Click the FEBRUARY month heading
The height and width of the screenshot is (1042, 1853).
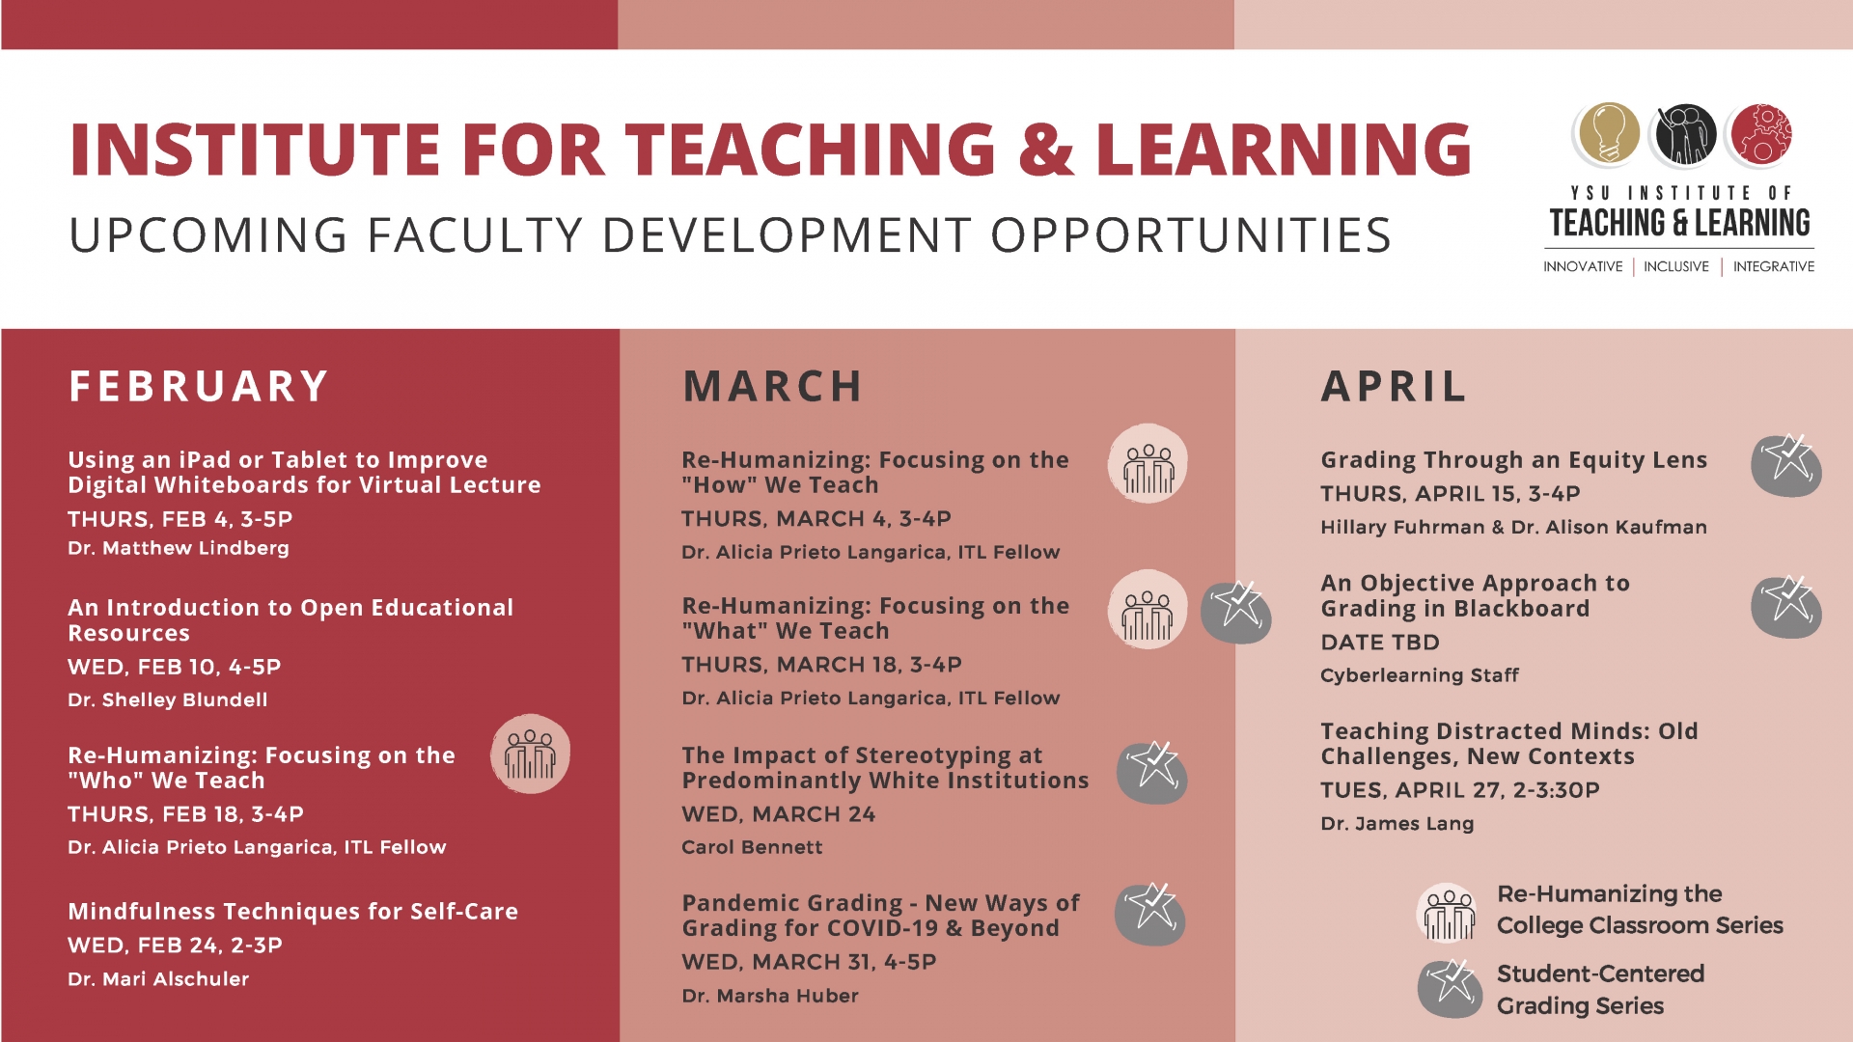click(199, 387)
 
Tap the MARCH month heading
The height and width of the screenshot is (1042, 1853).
click(772, 387)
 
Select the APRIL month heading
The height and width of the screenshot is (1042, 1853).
click(1394, 387)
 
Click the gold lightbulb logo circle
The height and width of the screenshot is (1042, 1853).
click(1607, 133)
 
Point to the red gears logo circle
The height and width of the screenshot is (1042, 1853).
click(1761, 133)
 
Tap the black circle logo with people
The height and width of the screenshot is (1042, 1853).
click(1685, 133)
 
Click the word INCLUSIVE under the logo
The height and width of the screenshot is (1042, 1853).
click(1676, 266)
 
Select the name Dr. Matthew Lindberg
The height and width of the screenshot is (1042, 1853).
click(179, 548)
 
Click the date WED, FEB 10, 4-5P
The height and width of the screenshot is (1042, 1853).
click(175, 667)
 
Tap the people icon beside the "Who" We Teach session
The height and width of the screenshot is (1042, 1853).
click(530, 754)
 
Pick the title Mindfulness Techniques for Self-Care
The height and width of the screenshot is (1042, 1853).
click(292, 912)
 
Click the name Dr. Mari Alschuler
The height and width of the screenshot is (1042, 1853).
click(158, 979)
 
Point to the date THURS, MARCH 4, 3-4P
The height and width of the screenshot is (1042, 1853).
click(816, 519)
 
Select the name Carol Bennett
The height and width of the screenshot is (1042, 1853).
click(752, 847)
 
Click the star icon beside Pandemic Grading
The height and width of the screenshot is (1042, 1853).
click(1150, 914)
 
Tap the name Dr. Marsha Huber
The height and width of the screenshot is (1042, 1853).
click(770, 996)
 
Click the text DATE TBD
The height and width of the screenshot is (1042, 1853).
click(1380, 643)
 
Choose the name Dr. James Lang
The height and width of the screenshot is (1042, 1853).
click(1397, 824)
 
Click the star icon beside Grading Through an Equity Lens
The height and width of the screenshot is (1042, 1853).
click(1786, 464)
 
